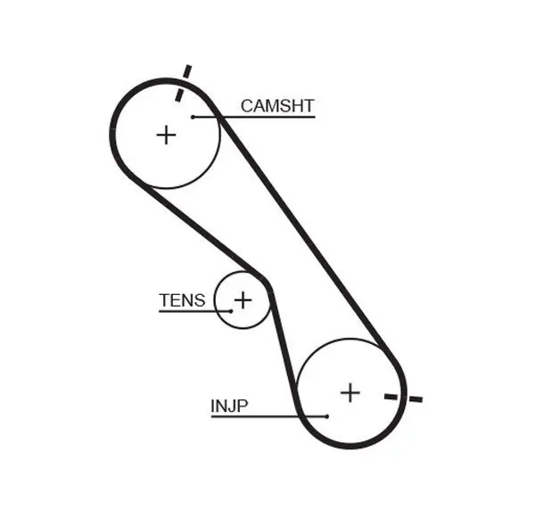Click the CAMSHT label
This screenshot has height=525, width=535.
[x=277, y=107]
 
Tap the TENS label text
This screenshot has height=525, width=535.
[x=182, y=300]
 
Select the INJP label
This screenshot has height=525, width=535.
[x=229, y=406]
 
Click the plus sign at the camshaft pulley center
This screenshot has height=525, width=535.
[x=167, y=135]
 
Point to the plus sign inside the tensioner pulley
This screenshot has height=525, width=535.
[x=243, y=299]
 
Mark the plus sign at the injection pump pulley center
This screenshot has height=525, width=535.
[x=350, y=391]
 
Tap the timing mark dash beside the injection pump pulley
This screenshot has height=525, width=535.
[x=403, y=398]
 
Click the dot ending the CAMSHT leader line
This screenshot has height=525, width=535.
[x=192, y=117]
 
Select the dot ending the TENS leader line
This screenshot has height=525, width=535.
[x=230, y=310]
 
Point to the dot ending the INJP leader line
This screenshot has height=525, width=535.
[x=327, y=416]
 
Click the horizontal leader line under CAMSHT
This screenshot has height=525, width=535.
[x=267, y=117]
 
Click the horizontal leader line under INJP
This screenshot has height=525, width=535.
[x=267, y=416]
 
